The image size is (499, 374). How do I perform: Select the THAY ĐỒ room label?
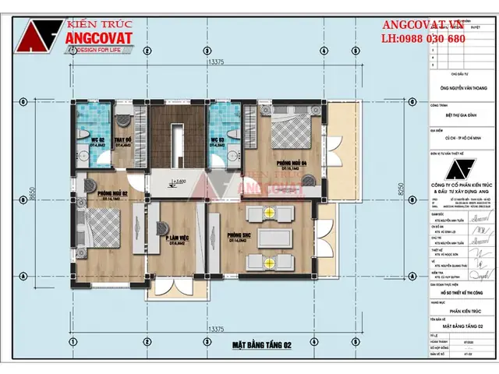(x=122, y=141)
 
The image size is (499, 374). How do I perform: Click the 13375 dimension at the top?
(x=217, y=62)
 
